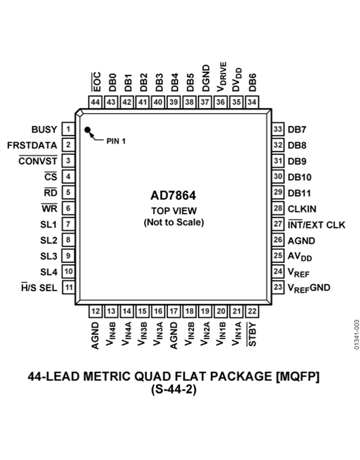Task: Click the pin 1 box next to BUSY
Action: point(68,129)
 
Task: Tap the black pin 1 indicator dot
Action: point(87,129)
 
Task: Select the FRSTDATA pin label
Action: point(32,145)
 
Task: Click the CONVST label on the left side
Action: point(38,161)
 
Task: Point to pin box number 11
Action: point(68,287)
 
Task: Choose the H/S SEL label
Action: point(39,288)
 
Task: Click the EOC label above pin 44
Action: point(96,82)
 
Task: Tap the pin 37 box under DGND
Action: point(205,102)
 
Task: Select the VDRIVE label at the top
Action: point(222,77)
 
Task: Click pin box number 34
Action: point(252,102)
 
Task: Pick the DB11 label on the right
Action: point(299,193)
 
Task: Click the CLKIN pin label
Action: point(302,209)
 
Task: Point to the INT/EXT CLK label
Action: point(316,225)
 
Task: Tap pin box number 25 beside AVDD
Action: point(278,255)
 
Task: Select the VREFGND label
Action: point(309,288)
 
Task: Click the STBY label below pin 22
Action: point(252,335)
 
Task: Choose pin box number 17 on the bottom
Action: point(174,311)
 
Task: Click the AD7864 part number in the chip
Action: point(173,195)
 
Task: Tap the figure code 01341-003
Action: point(356,335)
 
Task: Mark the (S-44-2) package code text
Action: point(174,389)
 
